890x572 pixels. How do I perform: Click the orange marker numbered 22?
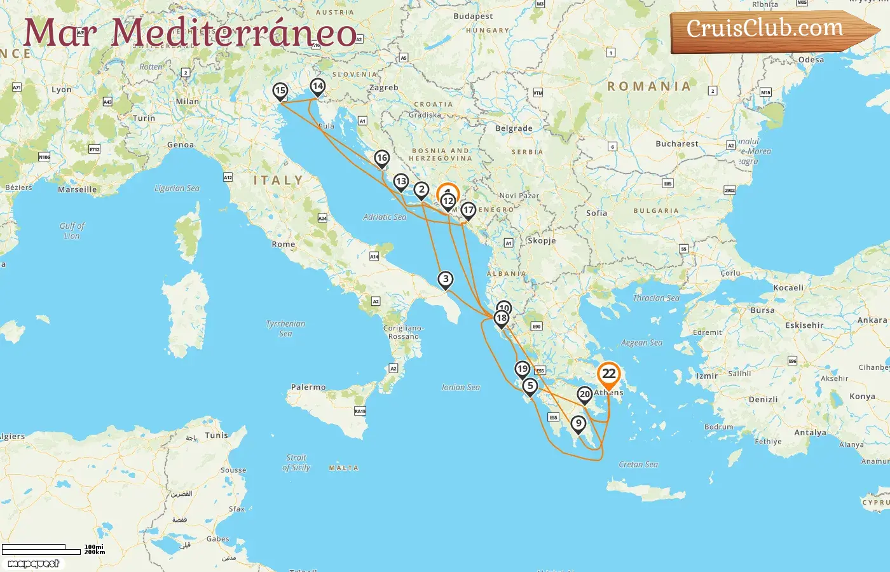point(608,374)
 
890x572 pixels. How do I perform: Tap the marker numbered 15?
point(280,91)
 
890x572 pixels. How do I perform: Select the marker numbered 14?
point(317,86)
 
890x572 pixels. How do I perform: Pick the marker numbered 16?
point(381,158)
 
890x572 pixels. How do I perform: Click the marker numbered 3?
point(446,280)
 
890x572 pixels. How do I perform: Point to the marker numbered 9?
point(578,423)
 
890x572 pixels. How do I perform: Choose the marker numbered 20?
point(585,395)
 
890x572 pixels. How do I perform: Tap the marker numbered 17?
point(468,210)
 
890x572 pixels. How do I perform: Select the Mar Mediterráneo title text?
point(191,33)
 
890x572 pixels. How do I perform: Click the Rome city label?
point(284,244)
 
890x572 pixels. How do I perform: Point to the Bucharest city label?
point(677,144)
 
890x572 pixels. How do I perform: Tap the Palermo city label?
point(308,387)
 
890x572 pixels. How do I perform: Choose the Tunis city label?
point(216,435)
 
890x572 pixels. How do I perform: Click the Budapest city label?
point(473,17)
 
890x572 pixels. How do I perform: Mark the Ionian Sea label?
point(461,387)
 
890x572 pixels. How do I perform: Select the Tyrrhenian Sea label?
point(285,328)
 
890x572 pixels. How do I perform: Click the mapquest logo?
point(34,564)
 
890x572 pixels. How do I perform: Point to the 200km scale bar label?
point(95,552)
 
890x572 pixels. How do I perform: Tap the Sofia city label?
point(596,213)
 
